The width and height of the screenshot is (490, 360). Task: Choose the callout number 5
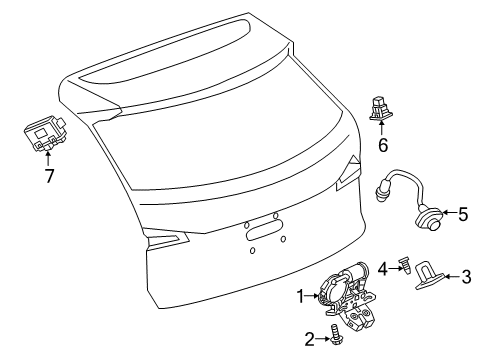pos(463,213)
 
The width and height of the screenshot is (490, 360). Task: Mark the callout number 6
pos(381,146)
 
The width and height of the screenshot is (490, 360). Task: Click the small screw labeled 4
pos(402,265)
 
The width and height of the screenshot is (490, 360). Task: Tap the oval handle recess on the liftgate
pos(263,237)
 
